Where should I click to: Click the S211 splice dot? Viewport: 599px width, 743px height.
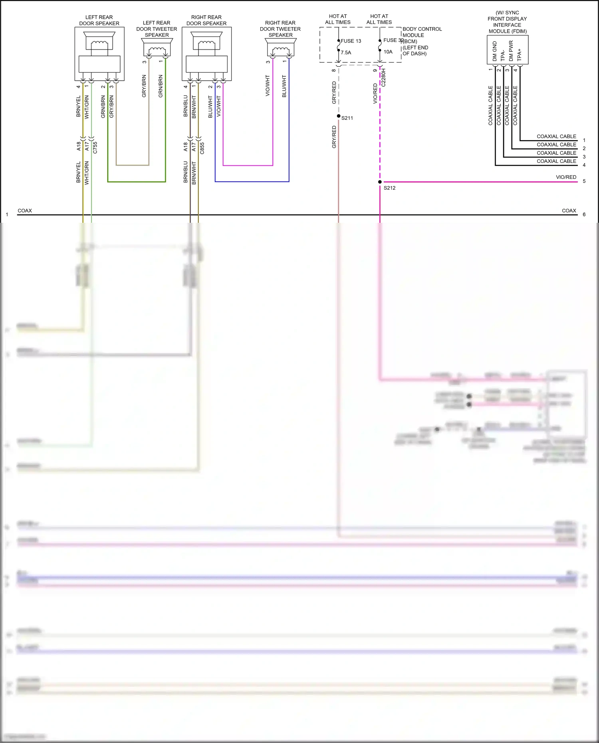339,116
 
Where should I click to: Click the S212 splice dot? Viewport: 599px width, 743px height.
380,182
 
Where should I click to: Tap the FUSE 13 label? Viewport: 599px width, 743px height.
351,41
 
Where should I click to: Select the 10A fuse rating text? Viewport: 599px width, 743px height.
388,52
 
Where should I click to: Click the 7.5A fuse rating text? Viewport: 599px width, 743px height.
346,53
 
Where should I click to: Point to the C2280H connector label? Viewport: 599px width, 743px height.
384,77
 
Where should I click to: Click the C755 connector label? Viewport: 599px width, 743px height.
95,148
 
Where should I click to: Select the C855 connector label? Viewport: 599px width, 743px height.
202,148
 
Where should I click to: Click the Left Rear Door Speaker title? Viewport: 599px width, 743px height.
99,20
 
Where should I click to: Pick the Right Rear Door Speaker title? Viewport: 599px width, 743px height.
206,20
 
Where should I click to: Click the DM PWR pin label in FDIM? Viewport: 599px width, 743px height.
511,51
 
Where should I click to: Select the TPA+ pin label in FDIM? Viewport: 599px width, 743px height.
520,55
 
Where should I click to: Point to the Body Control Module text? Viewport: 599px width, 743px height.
422,32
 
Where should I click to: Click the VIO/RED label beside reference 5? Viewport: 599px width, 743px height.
566,177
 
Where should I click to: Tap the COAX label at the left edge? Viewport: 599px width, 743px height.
25,211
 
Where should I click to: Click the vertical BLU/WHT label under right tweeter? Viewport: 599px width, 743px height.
284,86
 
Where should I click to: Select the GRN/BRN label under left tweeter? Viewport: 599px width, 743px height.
161,86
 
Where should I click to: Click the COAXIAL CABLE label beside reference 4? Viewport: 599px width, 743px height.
556,161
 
